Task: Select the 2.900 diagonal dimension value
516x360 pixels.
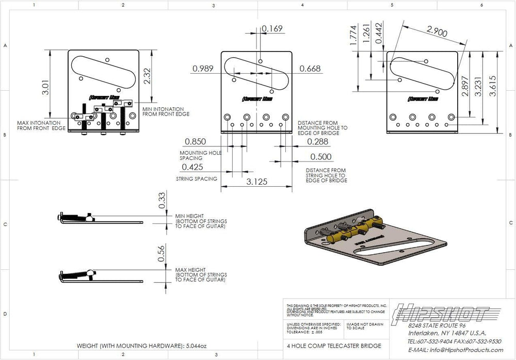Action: (437, 31)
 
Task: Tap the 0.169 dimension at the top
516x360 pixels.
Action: (272, 29)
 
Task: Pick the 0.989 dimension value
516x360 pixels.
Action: (204, 69)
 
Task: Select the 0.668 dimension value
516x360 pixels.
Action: (310, 69)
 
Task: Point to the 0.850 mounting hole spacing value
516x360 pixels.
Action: (195, 141)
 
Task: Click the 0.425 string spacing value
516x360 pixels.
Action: (192, 167)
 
